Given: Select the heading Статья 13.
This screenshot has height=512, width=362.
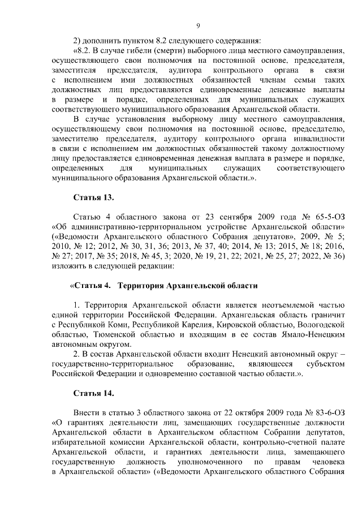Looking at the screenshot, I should click(94, 197).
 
